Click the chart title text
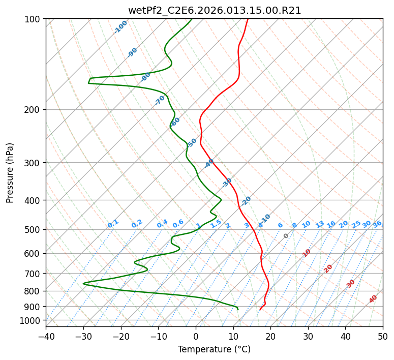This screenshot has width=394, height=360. pyautogui.click(x=215, y=10)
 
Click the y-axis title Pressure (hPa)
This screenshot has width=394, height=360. pyautogui.click(x=10, y=173)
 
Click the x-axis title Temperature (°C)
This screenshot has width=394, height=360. pyautogui.click(x=215, y=350)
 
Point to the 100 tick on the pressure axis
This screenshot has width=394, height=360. pyautogui.click(x=34, y=19)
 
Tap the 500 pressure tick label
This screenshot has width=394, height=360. pyautogui.click(x=34, y=229)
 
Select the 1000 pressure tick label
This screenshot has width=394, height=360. pyautogui.click(x=32, y=320)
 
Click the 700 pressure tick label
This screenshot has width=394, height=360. pyautogui.click(x=34, y=274)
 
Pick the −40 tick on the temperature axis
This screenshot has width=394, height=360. pyautogui.click(x=46, y=337)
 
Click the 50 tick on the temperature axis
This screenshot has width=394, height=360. pyautogui.click(x=383, y=337)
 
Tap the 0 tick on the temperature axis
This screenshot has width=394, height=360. pyautogui.click(x=196, y=337)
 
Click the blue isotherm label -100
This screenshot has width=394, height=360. pyautogui.click(x=120, y=27)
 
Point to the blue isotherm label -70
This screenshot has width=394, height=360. pyautogui.click(x=160, y=100)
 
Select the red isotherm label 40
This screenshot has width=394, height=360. pyautogui.click(x=373, y=299)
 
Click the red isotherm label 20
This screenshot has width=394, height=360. pyautogui.click(x=328, y=268)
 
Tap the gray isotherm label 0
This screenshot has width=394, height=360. pyautogui.click(x=286, y=236)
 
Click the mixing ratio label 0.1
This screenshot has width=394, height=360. pyautogui.click(x=113, y=224)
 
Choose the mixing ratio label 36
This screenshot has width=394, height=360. pyautogui.click(x=377, y=224)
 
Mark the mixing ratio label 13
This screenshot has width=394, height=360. pyautogui.click(x=320, y=224)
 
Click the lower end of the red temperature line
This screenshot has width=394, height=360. pyautogui.click(x=260, y=310)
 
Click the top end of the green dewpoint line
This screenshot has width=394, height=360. pyautogui.click(x=192, y=19)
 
